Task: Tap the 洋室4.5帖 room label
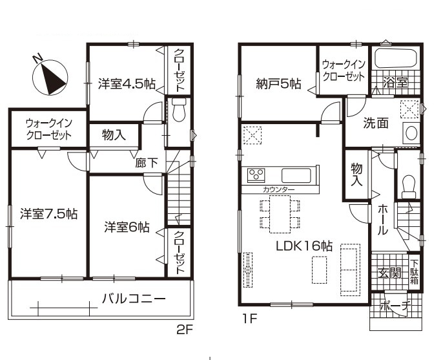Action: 127,84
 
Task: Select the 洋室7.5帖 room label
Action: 48,214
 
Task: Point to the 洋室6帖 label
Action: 127,227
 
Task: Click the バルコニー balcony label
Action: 134,299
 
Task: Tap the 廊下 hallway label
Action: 147,163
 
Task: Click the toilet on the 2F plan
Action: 178,110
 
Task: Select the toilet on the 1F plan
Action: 409,187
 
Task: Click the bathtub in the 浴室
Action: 395,59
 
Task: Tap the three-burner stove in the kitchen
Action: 256,175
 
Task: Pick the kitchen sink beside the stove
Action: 296,175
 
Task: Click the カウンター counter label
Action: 278,190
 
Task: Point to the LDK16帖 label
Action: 304,246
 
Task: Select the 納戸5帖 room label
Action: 278,84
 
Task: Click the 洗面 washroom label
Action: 376,123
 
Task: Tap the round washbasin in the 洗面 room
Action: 411,132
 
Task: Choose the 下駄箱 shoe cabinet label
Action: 415,272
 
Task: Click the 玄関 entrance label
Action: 389,273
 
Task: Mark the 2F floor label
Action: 185,330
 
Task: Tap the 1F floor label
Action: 249,319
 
